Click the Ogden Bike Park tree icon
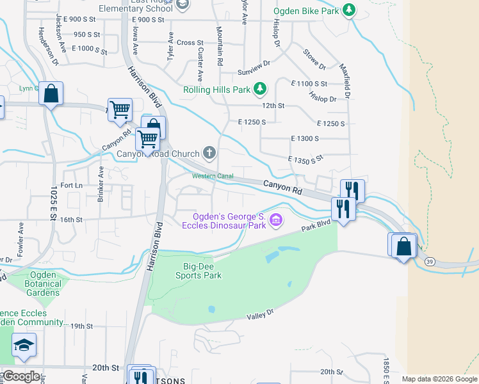348,10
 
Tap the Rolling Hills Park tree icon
259,90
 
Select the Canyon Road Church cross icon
209,153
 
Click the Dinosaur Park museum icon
276,221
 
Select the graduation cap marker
24,346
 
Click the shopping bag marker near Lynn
51,95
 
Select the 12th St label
273,106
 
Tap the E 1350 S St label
306,159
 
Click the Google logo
20,376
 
